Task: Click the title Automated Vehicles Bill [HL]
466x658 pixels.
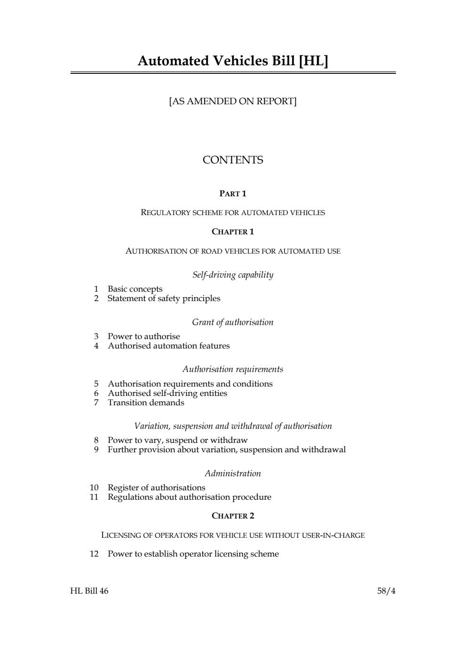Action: point(233,61)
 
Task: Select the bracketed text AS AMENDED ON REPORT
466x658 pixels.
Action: point(233,101)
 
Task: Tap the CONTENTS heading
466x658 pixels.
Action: point(233,160)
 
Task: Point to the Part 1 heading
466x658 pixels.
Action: point(233,194)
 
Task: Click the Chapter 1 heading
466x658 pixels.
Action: point(233,232)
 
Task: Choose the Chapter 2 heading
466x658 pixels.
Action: point(233,516)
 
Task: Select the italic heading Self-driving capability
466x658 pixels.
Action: point(233,275)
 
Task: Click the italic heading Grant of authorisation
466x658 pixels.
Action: point(233,322)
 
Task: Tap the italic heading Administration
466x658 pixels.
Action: point(233,473)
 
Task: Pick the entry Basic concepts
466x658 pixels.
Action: point(135,289)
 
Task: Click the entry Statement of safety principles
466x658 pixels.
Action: point(164,298)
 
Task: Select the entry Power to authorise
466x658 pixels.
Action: point(143,336)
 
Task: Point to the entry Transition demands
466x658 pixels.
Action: point(146,403)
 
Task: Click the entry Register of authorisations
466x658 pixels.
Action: point(156,488)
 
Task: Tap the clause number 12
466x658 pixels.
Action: point(94,554)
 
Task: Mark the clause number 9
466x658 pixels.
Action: point(96,449)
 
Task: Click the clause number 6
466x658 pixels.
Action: point(96,393)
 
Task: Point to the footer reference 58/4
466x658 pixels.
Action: point(386,591)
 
